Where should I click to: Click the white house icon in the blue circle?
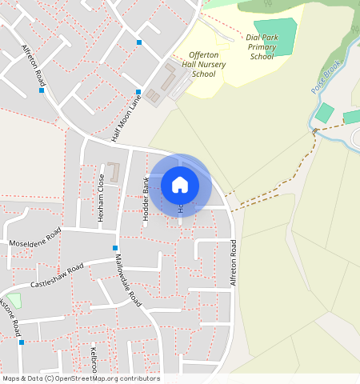(x=180, y=185)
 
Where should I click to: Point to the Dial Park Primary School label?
(x=262, y=46)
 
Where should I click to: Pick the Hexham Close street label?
(x=101, y=205)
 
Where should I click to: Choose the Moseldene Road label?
(x=34, y=238)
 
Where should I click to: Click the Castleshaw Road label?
(x=57, y=275)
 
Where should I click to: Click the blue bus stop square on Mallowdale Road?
(x=115, y=248)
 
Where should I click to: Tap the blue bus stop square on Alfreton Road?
(x=42, y=90)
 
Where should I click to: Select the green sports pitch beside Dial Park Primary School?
(x=276, y=36)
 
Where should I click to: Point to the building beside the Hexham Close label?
(x=113, y=172)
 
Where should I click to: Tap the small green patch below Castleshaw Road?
(x=14, y=300)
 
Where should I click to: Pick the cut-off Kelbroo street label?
(x=93, y=360)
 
